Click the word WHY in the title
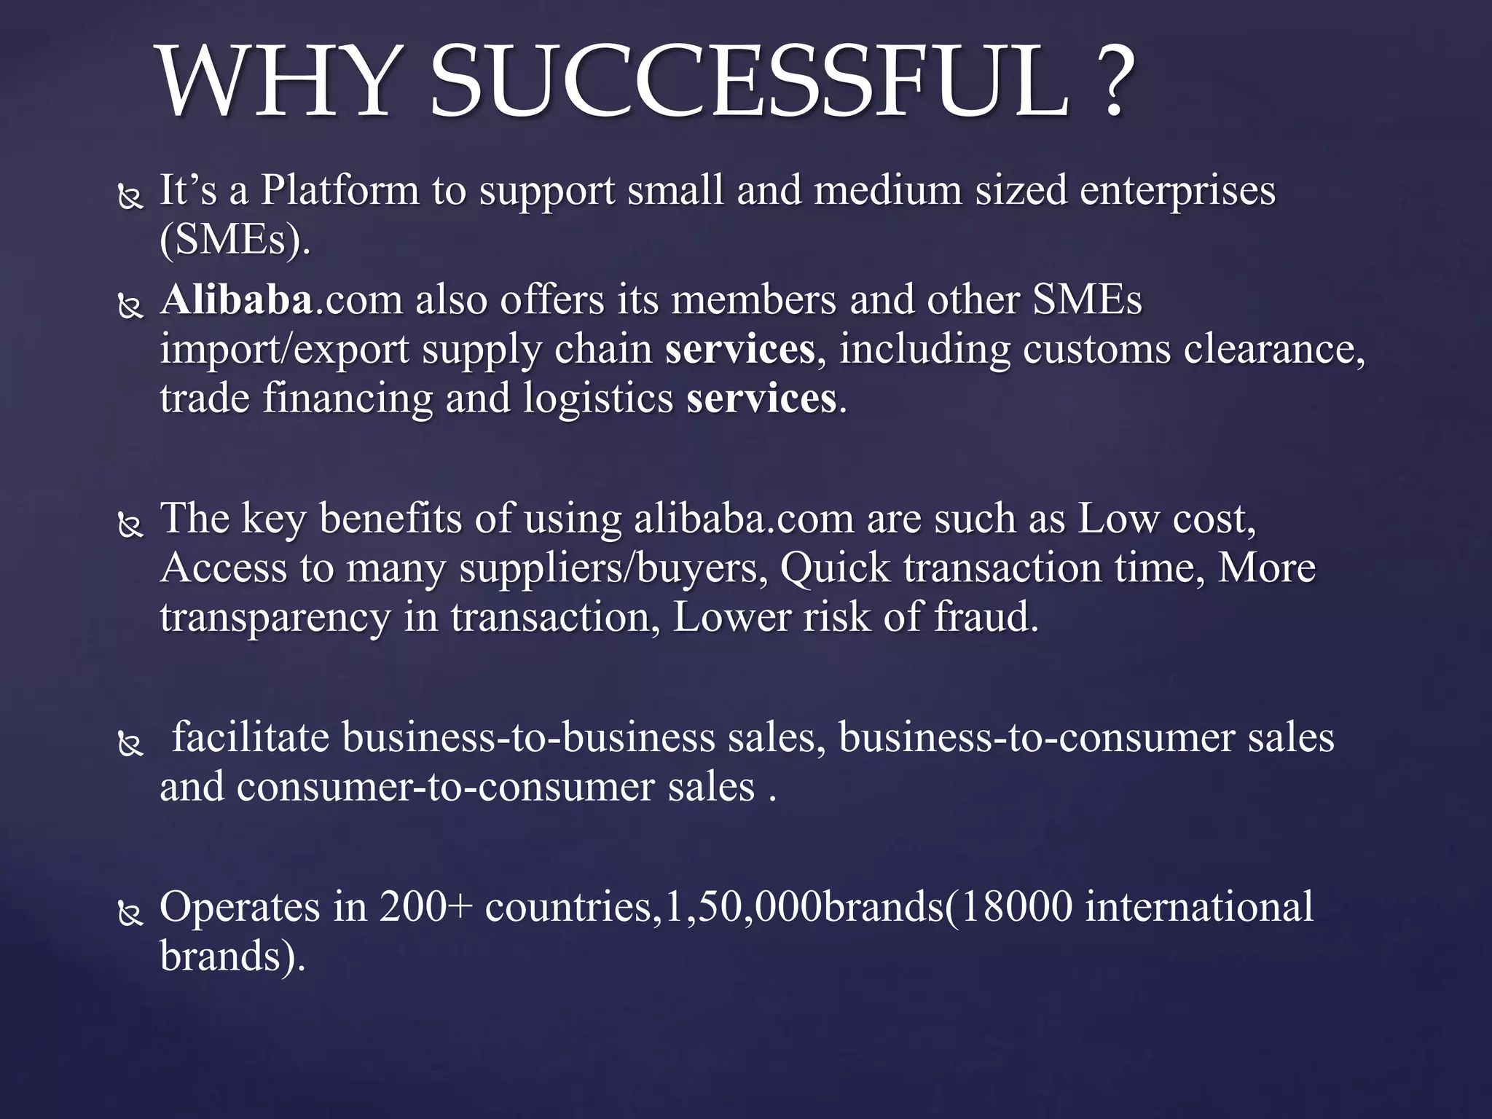(x=276, y=82)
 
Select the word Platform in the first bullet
(x=339, y=191)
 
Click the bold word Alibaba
(x=237, y=300)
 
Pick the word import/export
(x=284, y=350)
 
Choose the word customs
(x=1096, y=350)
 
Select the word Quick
(x=835, y=568)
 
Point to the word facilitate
(x=251, y=737)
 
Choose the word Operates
(x=240, y=908)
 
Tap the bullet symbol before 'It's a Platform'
(x=130, y=197)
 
